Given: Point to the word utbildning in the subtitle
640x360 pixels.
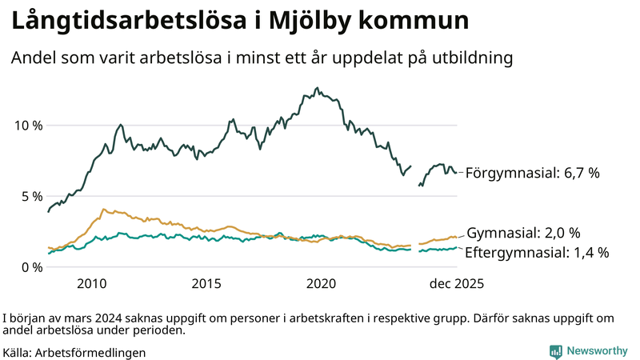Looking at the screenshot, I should [x=473, y=58].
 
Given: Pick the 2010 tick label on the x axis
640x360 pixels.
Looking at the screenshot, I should [x=92, y=284].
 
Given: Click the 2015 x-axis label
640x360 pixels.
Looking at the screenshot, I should [x=206, y=284].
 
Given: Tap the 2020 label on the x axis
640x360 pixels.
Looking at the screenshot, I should [x=322, y=284].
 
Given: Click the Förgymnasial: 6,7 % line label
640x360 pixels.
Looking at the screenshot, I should [x=532, y=172].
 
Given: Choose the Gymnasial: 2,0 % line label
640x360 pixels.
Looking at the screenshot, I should [x=523, y=233].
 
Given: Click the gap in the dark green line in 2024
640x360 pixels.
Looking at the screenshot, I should [x=414, y=174].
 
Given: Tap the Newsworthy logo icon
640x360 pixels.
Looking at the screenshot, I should [x=555, y=351].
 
